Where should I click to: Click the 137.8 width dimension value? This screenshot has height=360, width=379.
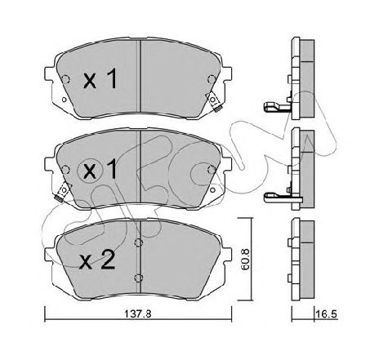click(x=137, y=314)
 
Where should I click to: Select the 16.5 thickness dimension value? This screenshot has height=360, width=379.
click(x=327, y=314)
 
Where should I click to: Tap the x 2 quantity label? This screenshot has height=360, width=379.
click(x=97, y=260)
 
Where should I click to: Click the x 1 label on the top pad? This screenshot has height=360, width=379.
click(x=100, y=78)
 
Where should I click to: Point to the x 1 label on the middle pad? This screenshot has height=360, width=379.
click(x=100, y=169)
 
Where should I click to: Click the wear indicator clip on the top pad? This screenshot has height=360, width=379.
click(x=213, y=101)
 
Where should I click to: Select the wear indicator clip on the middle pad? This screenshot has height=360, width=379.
click(x=63, y=191)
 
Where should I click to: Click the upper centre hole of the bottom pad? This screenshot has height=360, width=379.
click(x=139, y=242)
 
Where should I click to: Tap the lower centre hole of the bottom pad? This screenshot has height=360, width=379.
click(x=139, y=278)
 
